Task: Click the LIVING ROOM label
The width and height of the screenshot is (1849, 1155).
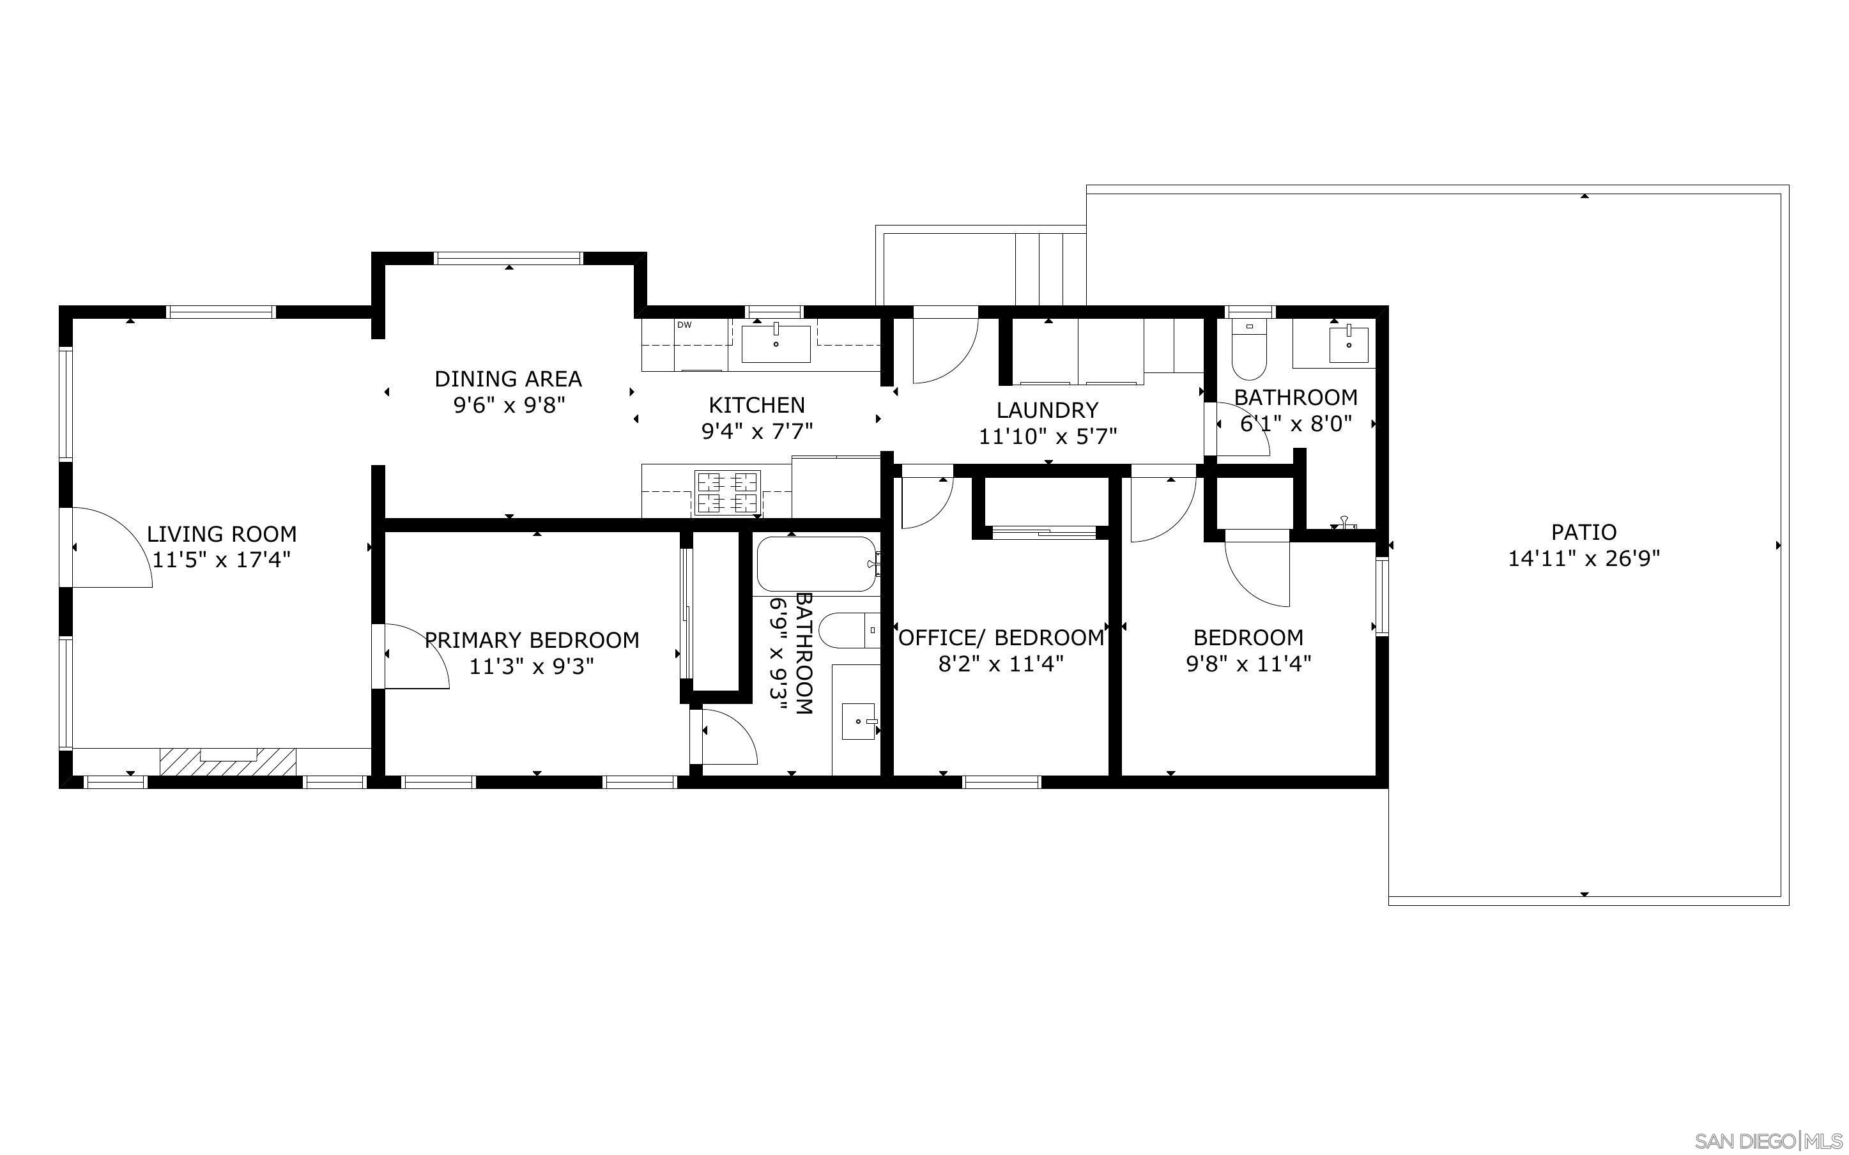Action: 222,534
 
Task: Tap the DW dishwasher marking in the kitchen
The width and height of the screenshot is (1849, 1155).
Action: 684,325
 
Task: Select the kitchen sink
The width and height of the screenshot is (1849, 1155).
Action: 776,343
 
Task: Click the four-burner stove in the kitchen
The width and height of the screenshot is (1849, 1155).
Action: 727,492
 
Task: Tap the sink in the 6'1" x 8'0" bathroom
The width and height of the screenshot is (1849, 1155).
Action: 1349,343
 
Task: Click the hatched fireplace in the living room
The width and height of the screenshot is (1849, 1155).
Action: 227,761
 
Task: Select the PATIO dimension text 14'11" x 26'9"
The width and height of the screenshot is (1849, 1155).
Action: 1584,559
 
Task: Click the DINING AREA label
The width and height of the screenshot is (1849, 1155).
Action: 508,379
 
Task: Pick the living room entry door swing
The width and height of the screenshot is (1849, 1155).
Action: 111,547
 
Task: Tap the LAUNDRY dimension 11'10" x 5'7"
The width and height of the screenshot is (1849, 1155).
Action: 1048,437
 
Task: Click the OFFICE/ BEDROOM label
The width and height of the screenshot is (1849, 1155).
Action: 1001,638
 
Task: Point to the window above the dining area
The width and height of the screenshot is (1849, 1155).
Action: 509,258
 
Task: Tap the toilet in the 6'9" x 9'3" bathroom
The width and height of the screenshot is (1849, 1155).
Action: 847,631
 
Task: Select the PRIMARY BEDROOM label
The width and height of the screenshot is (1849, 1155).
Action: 532,640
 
